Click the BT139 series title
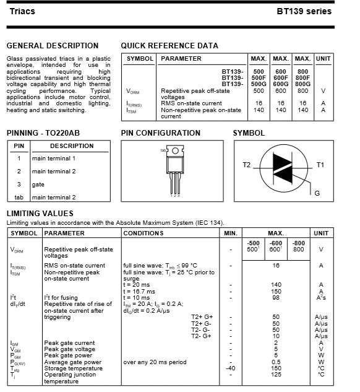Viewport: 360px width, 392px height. [304, 11]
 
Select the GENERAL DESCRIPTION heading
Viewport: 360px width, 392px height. [53, 46]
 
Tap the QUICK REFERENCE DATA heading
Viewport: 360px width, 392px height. [169, 46]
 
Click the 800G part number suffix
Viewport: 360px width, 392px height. [302, 84]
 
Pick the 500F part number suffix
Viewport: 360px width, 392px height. [259, 78]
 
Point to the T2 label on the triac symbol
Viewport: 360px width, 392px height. [246, 165]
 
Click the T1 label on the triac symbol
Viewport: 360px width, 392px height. [320, 165]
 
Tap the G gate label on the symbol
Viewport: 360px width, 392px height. [317, 193]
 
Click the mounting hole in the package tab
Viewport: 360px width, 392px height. [175, 150]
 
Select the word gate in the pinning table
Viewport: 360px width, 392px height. [38, 185]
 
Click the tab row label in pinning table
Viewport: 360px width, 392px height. [19, 198]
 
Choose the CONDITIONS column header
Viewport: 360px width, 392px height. [144, 233]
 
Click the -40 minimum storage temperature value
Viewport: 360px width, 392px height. [231, 368]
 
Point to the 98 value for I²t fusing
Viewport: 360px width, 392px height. [276, 298]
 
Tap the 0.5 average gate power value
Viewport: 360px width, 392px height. [276, 362]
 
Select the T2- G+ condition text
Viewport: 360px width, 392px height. [201, 336]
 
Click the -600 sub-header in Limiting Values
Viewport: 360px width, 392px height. [276, 243]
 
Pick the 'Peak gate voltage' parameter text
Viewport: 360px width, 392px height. [70, 349]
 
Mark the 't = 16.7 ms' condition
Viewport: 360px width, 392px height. [139, 292]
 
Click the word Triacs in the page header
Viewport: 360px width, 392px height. [22, 12]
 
